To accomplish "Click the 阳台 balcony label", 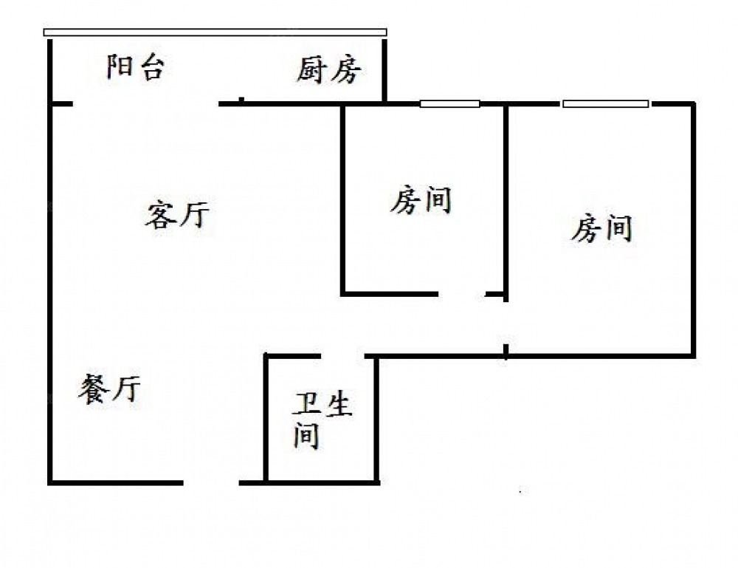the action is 136,67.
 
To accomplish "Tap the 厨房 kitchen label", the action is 329,70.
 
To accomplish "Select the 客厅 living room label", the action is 177,215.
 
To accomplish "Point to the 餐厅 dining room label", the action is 109,389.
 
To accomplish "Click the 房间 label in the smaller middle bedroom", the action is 421,200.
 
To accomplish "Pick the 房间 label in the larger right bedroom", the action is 602,228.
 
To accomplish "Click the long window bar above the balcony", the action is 215,32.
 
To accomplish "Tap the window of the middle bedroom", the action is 450,103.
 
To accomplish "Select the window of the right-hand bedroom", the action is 606,103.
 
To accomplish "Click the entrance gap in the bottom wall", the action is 211,483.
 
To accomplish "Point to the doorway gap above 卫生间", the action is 343,356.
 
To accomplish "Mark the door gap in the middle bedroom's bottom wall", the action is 462,295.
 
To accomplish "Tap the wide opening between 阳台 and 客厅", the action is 146,103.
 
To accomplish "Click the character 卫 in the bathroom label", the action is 308,403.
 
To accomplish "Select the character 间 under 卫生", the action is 306,436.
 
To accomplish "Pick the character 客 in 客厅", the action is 160,216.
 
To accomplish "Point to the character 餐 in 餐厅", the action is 93,389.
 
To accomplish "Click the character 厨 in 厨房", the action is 312,70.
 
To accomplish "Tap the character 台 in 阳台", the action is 151,67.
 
